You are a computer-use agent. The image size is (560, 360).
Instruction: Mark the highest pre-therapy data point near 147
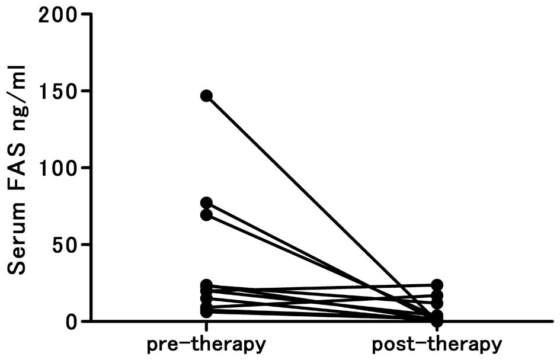(x=206, y=96)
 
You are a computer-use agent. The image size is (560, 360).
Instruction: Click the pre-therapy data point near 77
(x=206, y=203)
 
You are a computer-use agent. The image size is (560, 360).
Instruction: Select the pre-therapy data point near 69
(x=206, y=215)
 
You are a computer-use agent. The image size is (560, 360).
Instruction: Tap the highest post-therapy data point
(x=437, y=285)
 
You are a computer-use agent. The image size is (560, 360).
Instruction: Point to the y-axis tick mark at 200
(x=87, y=14)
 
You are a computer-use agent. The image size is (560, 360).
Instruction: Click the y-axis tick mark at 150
(x=87, y=91)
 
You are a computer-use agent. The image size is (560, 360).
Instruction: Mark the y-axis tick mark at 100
(x=87, y=168)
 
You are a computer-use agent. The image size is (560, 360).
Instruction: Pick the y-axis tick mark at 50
(x=87, y=245)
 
